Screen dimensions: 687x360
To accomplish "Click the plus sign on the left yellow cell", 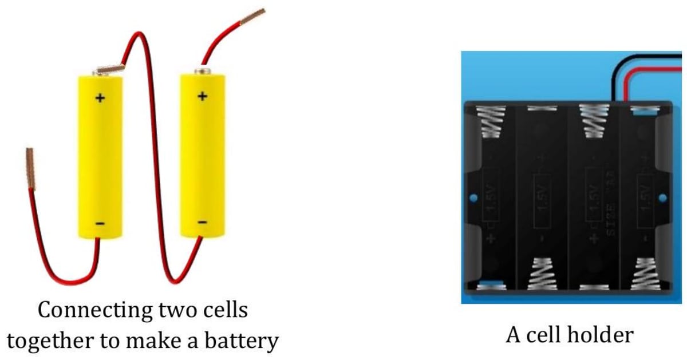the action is pyautogui.click(x=100, y=98).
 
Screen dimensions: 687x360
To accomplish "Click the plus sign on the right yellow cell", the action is pyautogui.click(x=202, y=96).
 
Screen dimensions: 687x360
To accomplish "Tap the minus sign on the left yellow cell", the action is pyautogui.click(x=100, y=223).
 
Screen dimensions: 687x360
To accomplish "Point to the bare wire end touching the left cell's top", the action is pyautogui.click(x=110, y=70).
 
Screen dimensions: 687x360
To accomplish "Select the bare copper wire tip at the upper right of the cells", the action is pyautogui.click(x=251, y=17).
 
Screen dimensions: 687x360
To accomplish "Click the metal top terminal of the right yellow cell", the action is pyautogui.click(x=202, y=72).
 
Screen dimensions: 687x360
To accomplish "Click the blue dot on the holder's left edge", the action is pyautogui.click(x=473, y=198).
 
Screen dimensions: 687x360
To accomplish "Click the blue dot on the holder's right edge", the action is pyautogui.click(x=663, y=198).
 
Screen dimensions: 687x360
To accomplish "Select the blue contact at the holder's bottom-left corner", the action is pyautogui.click(x=491, y=284).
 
